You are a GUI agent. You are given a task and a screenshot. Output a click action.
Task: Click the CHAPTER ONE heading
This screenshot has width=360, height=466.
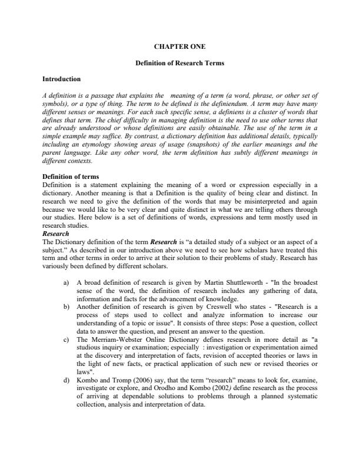pos(179,45)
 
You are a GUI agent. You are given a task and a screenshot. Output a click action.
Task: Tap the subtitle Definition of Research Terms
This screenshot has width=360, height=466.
pos(179,63)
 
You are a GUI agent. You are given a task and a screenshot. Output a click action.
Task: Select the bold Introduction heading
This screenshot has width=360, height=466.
pos(62,78)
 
